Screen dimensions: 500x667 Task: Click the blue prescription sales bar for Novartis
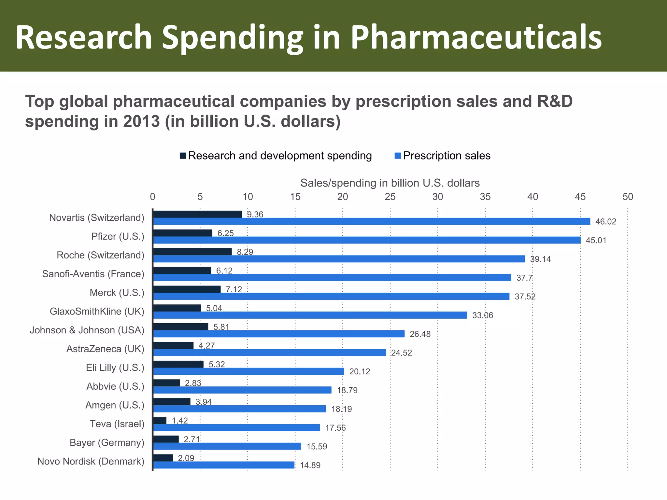371,221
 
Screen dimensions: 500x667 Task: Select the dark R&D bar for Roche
192,252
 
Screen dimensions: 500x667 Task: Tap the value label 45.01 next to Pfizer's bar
596,241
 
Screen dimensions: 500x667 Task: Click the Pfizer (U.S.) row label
118,236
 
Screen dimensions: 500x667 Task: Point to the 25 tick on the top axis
390,197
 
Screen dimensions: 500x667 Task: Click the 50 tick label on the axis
628,197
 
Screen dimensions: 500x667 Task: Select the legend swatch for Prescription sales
397,156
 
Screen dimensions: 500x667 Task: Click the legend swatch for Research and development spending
183,156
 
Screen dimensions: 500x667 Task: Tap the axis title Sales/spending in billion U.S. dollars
390,183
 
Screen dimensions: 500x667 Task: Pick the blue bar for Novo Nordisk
224,465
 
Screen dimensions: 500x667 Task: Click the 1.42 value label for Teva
180,421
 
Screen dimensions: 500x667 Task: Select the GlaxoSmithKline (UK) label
97,312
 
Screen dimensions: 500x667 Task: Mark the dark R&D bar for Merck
187,289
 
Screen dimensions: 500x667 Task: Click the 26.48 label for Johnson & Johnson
420,334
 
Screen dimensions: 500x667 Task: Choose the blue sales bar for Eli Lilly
248,371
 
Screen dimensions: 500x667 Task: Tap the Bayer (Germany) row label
107,443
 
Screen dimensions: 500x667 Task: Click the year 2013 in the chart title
141,121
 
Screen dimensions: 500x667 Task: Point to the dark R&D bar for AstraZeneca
173,345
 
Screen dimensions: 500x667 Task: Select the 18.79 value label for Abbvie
347,390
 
